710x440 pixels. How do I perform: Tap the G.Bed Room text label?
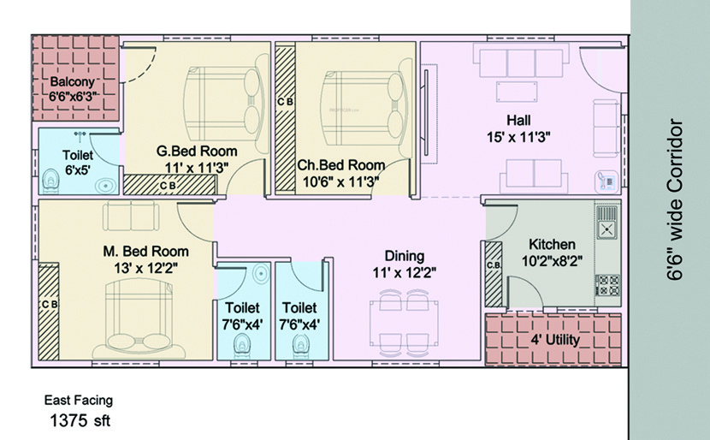pyautogui.click(x=197, y=152)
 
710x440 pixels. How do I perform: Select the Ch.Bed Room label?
pyautogui.click(x=340, y=164)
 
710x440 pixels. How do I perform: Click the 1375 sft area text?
pyautogui.click(x=79, y=420)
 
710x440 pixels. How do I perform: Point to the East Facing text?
pyautogui.click(x=79, y=400)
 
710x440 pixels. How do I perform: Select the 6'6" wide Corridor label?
pyautogui.click(x=676, y=201)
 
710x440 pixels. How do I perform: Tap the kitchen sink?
pyautogui.click(x=606, y=229)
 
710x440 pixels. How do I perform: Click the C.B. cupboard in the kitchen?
pyautogui.click(x=494, y=270)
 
